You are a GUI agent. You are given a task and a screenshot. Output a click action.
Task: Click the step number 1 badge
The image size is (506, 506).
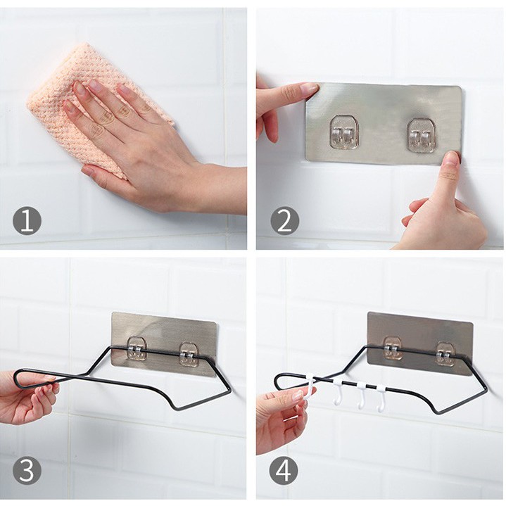27,220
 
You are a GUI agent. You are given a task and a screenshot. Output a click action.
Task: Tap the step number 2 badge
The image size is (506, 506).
284,220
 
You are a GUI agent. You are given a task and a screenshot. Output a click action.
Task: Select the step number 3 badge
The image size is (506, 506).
27,470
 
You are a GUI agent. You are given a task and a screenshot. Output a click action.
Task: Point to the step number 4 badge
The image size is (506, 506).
284,470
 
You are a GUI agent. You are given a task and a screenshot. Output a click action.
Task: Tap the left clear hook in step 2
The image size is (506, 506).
343,133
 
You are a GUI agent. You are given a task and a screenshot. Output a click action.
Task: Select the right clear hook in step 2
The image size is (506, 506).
420,135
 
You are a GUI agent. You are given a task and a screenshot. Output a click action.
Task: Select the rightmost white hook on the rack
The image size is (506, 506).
381,398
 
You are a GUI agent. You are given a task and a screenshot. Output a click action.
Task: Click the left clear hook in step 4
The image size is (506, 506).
393,348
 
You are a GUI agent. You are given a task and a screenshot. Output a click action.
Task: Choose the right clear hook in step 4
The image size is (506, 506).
445,353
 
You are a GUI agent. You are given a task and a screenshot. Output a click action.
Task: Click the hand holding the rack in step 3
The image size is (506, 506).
27,397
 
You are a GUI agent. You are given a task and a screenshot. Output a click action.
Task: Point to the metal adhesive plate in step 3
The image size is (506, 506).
164,344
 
